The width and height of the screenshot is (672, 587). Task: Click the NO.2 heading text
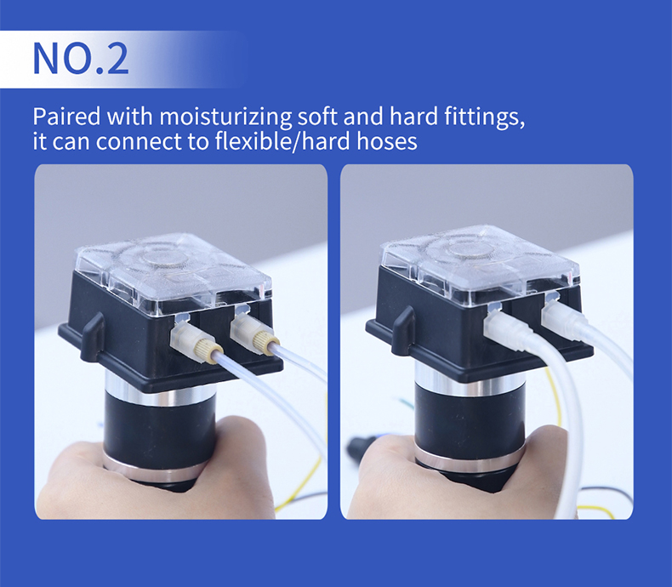[x=81, y=58]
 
